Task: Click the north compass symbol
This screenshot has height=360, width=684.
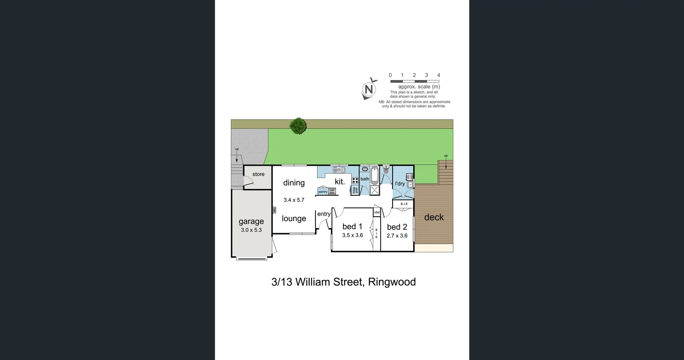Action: (x=369, y=89)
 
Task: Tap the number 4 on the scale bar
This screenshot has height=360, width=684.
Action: (x=439, y=75)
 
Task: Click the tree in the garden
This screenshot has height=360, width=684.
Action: (x=298, y=126)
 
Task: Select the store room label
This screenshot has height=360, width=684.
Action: (x=258, y=174)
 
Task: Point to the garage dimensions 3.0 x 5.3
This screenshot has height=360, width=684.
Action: (x=251, y=230)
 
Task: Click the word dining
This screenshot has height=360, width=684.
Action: (x=294, y=183)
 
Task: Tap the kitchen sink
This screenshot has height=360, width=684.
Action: (x=339, y=170)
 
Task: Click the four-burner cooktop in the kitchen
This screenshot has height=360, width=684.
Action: (x=355, y=180)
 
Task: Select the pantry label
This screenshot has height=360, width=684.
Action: (x=323, y=192)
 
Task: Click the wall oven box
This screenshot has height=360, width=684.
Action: (x=332, y=191)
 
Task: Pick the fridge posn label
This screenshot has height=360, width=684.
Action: (x=355, y=190)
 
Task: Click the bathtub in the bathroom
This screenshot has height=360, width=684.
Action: (x=374, y=175)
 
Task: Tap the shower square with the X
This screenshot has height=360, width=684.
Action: (x=374, y=190)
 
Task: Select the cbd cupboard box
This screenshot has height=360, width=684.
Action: (x=377, y=212)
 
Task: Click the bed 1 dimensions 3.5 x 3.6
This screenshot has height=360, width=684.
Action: (x=352, y=235)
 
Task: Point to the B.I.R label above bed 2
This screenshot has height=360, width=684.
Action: (x=404, y=204)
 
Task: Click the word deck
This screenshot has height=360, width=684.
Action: (x=434, y=217)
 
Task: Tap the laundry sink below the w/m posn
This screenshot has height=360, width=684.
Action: (x=410, y=184)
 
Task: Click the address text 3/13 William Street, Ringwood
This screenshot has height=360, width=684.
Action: (x=343, y=282)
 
